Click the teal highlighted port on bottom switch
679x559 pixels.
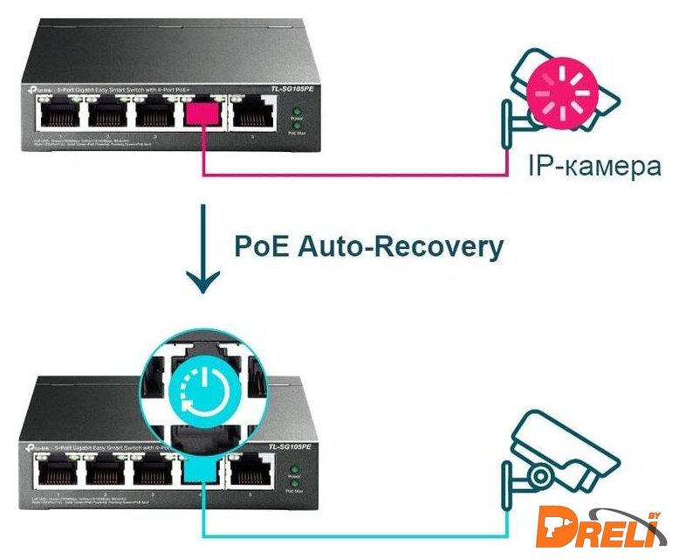point(202,470)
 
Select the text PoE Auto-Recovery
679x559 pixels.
point(368,246)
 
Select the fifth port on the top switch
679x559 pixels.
point(251,115)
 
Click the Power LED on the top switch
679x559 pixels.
point(296,112)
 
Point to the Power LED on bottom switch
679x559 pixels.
point(296,471)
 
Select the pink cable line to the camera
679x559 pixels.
point(349,175)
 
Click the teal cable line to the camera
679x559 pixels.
point(349,535)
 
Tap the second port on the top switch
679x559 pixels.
point(106,115)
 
